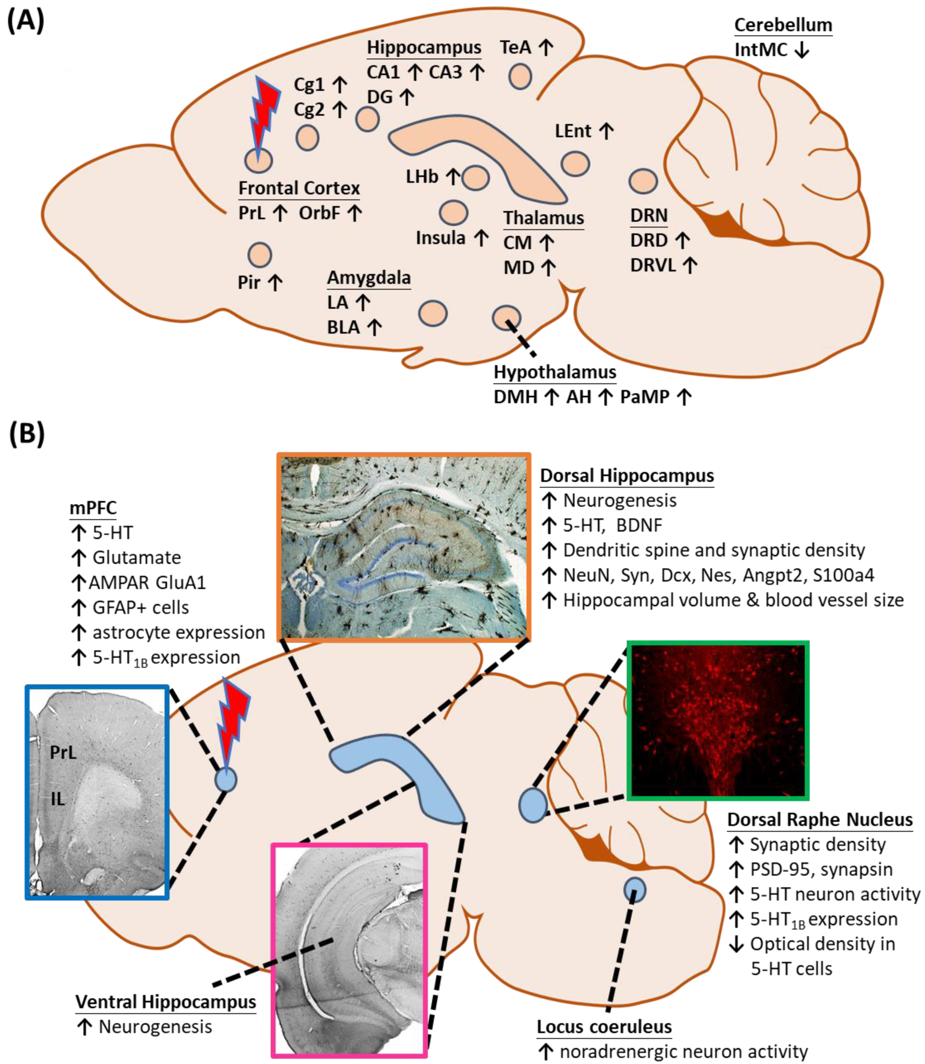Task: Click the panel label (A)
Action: [x=26, y=22]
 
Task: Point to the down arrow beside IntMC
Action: [x=802, y=50]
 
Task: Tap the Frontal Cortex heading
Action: [x=299, y=188]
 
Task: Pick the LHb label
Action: [x=422, y=177]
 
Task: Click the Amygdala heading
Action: [x=369, y=278]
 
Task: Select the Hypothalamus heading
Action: [x=555, y=372]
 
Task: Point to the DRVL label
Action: [x=653, y=265]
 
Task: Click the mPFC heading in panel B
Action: [x=93, y=508]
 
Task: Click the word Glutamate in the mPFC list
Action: [x=137, y=558]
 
